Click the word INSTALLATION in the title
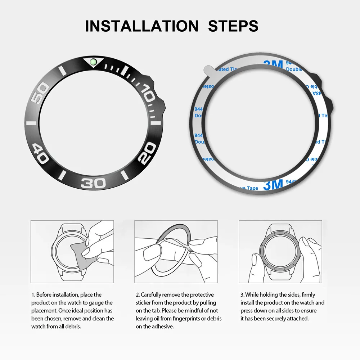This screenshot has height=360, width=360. pos(141,26)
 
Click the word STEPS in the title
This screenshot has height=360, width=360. pos(233,26)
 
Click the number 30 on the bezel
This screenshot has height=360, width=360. pos(93,183)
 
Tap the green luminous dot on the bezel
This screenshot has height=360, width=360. pos(94,62)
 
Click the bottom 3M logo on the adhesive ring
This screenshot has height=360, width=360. pos(273,185)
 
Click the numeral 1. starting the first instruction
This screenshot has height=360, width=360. pos(33,295)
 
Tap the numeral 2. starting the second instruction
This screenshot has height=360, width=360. pos(138,295)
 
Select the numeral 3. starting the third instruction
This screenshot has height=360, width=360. pos(242,295)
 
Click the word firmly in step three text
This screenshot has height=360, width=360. pos(306,295)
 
